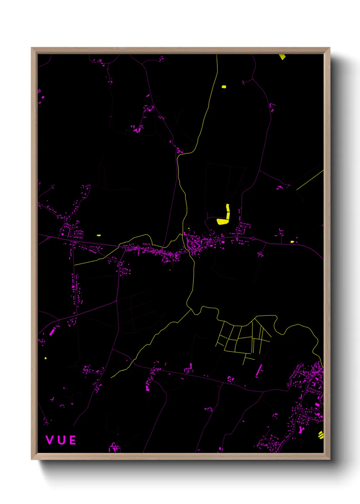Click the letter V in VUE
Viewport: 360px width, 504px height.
tap(50, 440)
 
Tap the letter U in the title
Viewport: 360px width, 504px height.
tap(61, 440)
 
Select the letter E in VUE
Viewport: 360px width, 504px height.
tap(72, 440)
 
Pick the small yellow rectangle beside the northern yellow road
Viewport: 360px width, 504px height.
tap(224, 86)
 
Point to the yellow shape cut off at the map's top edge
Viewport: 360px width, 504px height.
tap(282, 57)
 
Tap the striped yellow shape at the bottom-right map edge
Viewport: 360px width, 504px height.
tap(321, 435)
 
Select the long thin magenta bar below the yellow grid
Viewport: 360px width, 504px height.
tap(259, 370)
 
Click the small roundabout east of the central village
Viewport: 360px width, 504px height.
tap(253, 238)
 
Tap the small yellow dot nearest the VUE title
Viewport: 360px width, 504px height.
tap(46, 358)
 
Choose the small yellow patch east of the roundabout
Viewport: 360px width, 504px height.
tap(292, 242)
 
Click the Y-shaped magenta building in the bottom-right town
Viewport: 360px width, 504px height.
tap(301, 430)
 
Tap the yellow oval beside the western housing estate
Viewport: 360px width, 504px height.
tap(99, 235)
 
